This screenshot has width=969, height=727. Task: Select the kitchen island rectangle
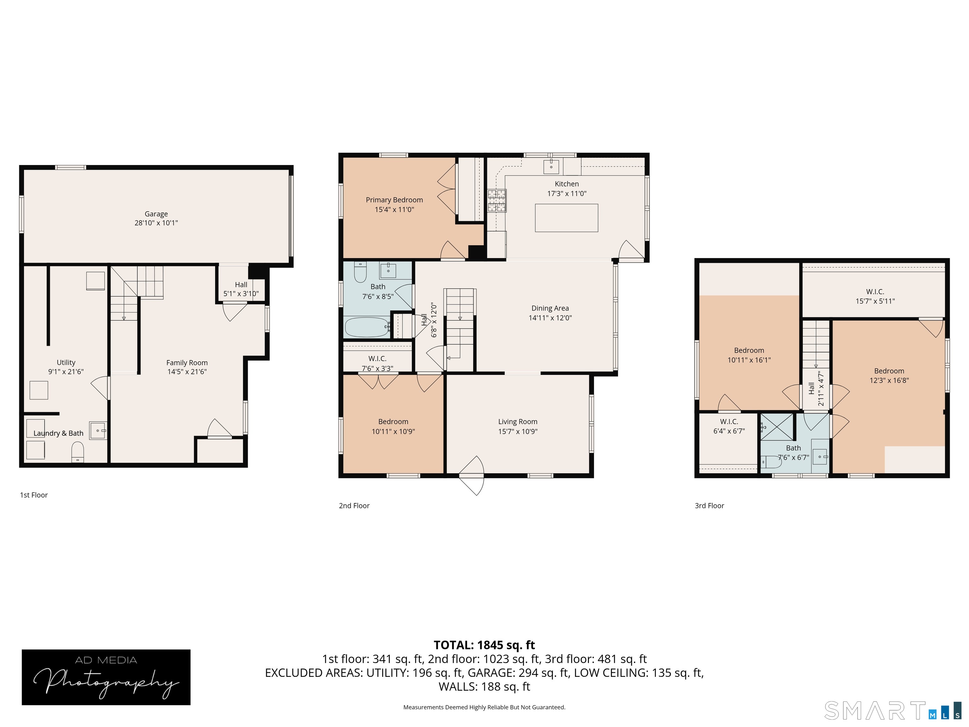pyautogui.click(x=567, y=218)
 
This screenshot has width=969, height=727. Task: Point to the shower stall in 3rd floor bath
pyautogui.click(x=777, y=426)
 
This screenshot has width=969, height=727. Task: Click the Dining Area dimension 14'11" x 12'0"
pyautogui.click(x=550, y=318)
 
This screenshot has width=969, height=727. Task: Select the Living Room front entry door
pyautogui.click(x=472, y=476)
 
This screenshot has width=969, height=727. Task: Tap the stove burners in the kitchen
pyautogui.click(x=497, y=201)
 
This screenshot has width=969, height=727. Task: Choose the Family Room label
pyautogui.click(x=187, y=363)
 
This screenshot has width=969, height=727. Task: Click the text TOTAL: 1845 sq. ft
pyautogui.click(x=484, y=645)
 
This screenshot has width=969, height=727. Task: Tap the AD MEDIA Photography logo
pyautogui.click(x=106, y=677)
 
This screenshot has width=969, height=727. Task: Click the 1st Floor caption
pyautogui.click(x=34, y=495)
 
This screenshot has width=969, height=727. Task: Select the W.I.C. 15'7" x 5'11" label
pyautogui.click(x=875, y=297)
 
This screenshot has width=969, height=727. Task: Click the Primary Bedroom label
pyautogui.click(x=394, y=200)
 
